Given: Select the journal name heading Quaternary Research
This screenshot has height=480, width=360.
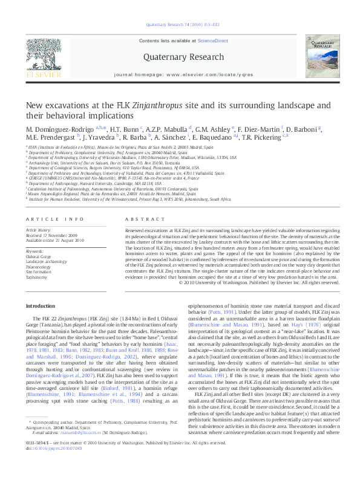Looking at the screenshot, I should click(180, 57).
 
